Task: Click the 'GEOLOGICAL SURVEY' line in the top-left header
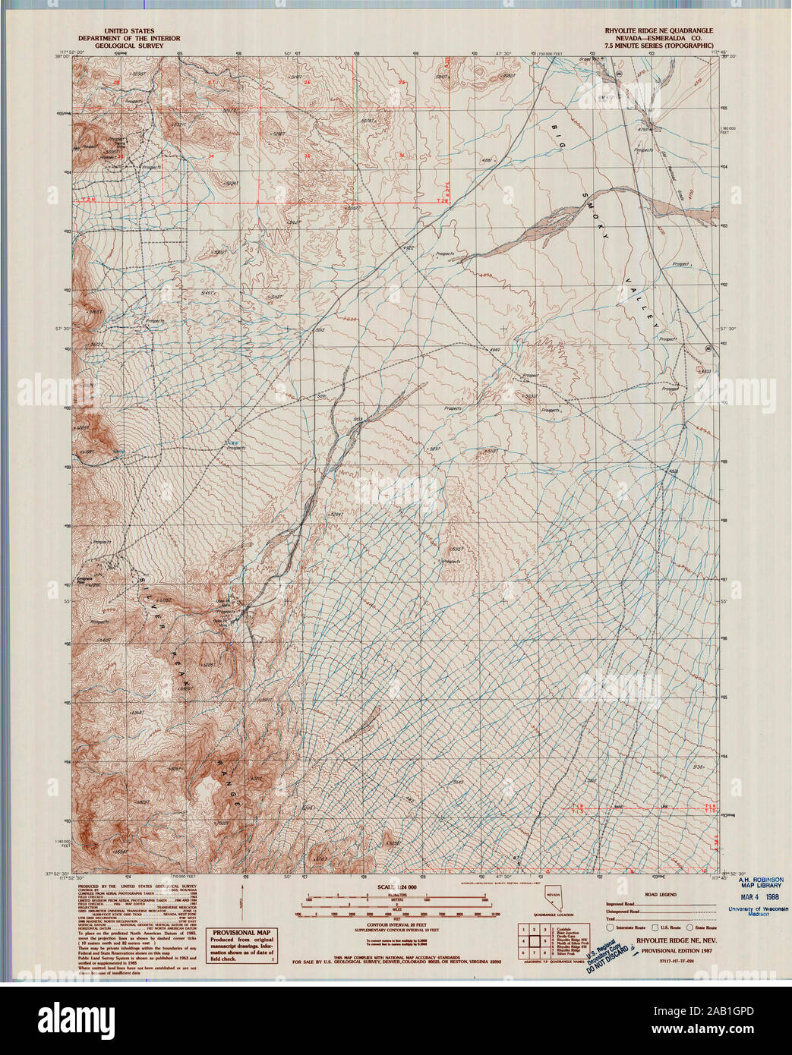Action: pos(129,46)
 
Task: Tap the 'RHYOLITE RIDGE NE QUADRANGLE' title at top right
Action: pos(658,31)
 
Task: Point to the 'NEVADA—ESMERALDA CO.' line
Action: pos(658,38)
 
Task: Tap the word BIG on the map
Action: pos(560,132)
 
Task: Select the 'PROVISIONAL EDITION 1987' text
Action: pos(675,950)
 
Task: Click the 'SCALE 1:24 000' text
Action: pos(395,887)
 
